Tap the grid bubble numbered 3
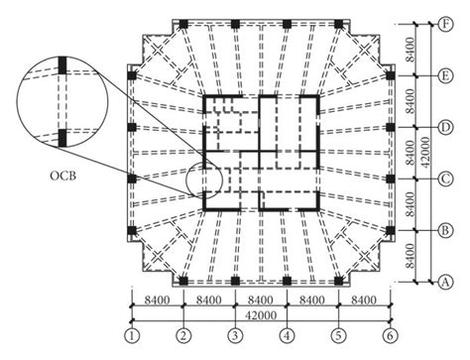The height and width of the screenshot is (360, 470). [x=235, y=333]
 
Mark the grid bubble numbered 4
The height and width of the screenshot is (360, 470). [x=287, y=333]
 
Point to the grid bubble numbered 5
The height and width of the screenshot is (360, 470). [x=338, y=333]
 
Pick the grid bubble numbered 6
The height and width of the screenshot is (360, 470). [x=390, y=333]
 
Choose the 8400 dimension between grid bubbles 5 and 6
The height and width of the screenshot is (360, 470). [x=364, y=299]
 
